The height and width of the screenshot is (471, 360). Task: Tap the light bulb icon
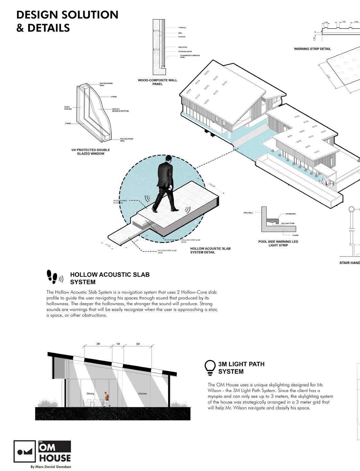pyautogui.click(x=210, y=367)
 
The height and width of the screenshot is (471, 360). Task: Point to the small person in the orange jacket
pyautogui.click(x=107, y=399)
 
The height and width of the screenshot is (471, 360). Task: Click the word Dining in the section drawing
pyautogui.click(x=91, y=393)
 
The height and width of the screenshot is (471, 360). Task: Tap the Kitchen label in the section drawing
pyautogui.click(x=143, y=393)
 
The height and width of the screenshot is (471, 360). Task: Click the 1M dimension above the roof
pyautogui.click(x=118, y=344)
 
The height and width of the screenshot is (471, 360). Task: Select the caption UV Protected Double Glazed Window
pyautogui.click(x=91, y=152)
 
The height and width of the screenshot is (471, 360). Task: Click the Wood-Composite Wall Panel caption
pyautogui.click(x=157, y=82)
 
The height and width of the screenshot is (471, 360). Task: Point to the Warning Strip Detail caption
pyautogui.click(x=312, y=49)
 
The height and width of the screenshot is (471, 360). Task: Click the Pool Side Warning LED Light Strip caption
pyautogui.click(x=278, y=243)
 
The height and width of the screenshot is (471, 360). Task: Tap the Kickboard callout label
pyautogui.click(x=290, y=214)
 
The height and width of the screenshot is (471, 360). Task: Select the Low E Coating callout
pyautogui.click(x=68, y=108)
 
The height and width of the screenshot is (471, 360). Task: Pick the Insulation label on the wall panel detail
pyautogui.click(x=183, y=47)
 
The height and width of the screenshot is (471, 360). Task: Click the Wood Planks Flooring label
pyautogui.click(x=120, y=202)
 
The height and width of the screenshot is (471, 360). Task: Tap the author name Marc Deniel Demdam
pyautogui.click(x=51, y=467)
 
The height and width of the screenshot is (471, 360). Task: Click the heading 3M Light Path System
pyautogui.click(x=241, y=368)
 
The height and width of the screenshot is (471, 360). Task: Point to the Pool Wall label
pyautogui.click(x=248, y=212)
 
